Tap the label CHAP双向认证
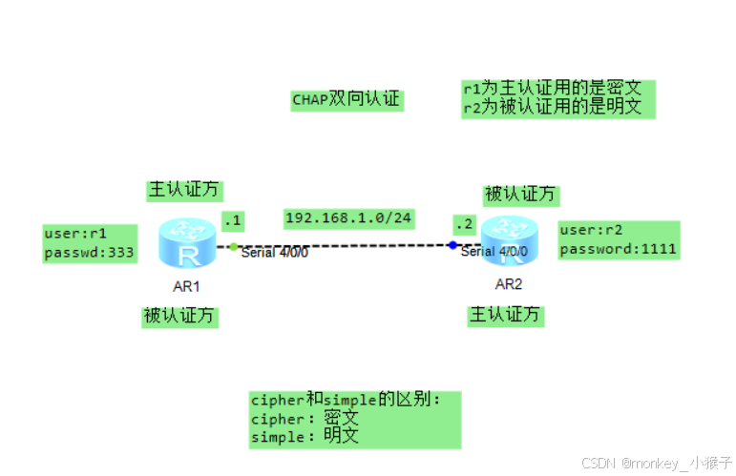347,100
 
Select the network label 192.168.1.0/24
348,218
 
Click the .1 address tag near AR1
233,221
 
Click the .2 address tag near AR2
464,224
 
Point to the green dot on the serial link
234,246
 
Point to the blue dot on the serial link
452,245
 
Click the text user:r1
75,233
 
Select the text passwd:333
89,253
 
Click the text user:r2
591,230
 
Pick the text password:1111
618,250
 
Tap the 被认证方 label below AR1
179,317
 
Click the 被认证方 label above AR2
519,195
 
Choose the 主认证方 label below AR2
504,314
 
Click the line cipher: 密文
304,419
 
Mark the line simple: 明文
304,437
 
